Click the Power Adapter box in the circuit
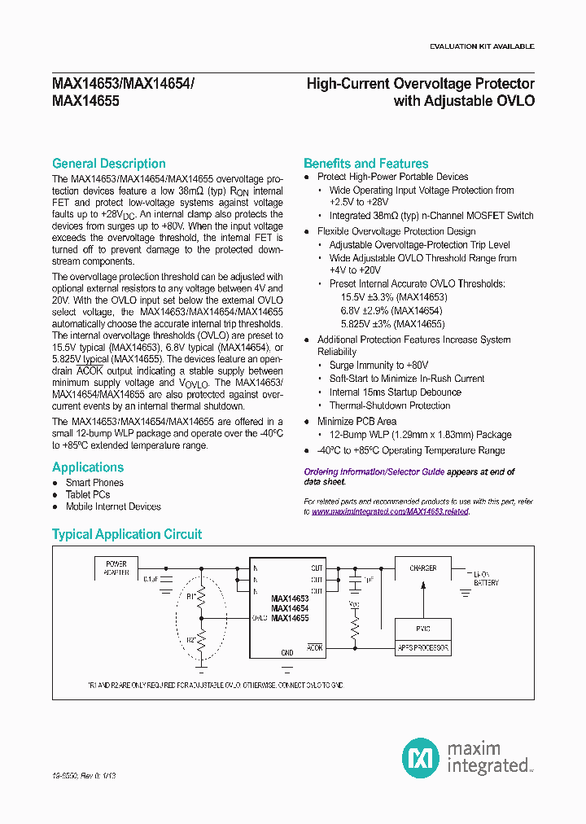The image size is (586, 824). [116, 568]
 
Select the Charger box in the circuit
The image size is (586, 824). [422, 568]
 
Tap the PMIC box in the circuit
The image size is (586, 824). [422, 629]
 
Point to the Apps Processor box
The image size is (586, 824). [422, 648]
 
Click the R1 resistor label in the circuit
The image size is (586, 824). [191, 596]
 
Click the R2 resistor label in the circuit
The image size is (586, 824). [191, 640]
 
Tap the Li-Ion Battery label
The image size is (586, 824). [486, 578]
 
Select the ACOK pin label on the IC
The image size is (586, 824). [314, 648]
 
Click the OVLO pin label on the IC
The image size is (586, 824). [260, 618]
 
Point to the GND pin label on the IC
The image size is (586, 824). [286, 653]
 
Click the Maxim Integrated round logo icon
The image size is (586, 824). [421, 756]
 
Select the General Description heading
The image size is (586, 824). [108, 164]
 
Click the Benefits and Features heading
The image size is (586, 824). [365, 164]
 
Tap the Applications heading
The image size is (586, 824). [88, 467]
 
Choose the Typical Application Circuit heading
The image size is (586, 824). [126, 534]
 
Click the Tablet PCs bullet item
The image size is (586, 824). [88, 494]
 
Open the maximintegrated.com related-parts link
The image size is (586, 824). [390, 512]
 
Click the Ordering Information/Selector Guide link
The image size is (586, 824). [374, 472]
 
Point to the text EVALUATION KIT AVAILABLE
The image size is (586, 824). [482, 46]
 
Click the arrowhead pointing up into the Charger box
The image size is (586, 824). [422, 585]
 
